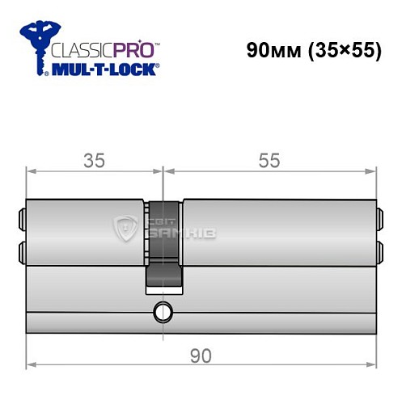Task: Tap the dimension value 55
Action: click(x=269, y=160)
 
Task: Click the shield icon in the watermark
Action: click(x=126, y=229)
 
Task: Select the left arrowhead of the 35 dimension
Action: click(x=32, y=170)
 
